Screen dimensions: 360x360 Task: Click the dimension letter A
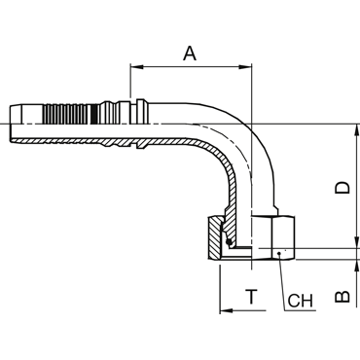190,54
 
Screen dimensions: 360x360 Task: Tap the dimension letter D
342,188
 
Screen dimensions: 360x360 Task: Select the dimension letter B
342,297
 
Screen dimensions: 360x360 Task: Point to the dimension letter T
251,297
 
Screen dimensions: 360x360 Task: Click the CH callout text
300,301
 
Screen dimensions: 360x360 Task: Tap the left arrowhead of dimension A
136,67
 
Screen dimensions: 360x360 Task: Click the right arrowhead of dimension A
245,67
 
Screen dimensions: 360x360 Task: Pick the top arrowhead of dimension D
357,130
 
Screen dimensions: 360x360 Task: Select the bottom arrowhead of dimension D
357,242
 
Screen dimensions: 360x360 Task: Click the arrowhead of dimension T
227,310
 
